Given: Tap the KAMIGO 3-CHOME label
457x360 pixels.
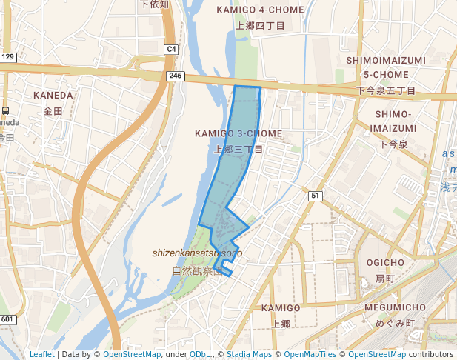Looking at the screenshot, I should pos(238,133).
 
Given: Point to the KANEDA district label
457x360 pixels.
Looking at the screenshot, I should pos(53,96).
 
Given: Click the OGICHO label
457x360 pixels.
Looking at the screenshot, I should pos(385,263).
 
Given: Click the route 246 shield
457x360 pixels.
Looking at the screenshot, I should pos(175,76).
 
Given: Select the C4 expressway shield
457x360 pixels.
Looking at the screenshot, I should pos(171,49).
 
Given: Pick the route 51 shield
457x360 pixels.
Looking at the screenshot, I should pos(316,196).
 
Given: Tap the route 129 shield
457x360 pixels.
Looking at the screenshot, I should pos(8,57).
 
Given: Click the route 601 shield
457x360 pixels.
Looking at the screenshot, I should pos(8,319).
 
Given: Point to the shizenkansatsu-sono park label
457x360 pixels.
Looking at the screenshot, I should pos(197,253).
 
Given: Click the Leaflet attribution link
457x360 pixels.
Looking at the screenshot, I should pos(41,355).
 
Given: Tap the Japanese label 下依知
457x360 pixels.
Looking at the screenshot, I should pos(154,4).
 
